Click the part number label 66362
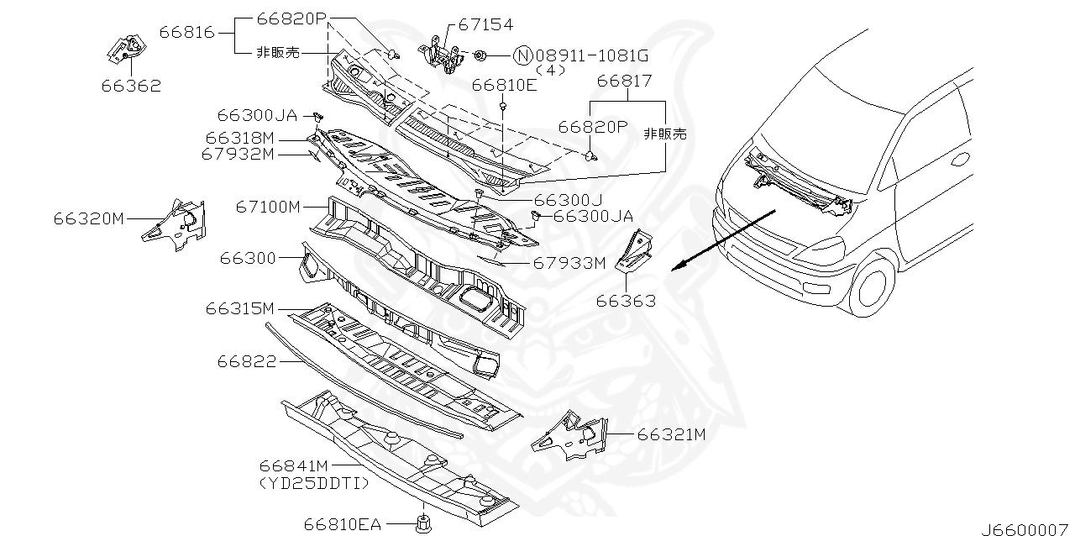[x=132, y=86]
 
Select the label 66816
[x=186, y=33]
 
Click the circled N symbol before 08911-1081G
[x=522, y=56]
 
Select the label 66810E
[x=504, y=86]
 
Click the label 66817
[x=624, y=81]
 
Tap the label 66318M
[x=239, y=137]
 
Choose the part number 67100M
[x=267, y=206]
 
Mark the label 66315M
[x=239, y=308]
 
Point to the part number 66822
[x=246, y=361]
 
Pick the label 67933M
[x=569, y=263]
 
